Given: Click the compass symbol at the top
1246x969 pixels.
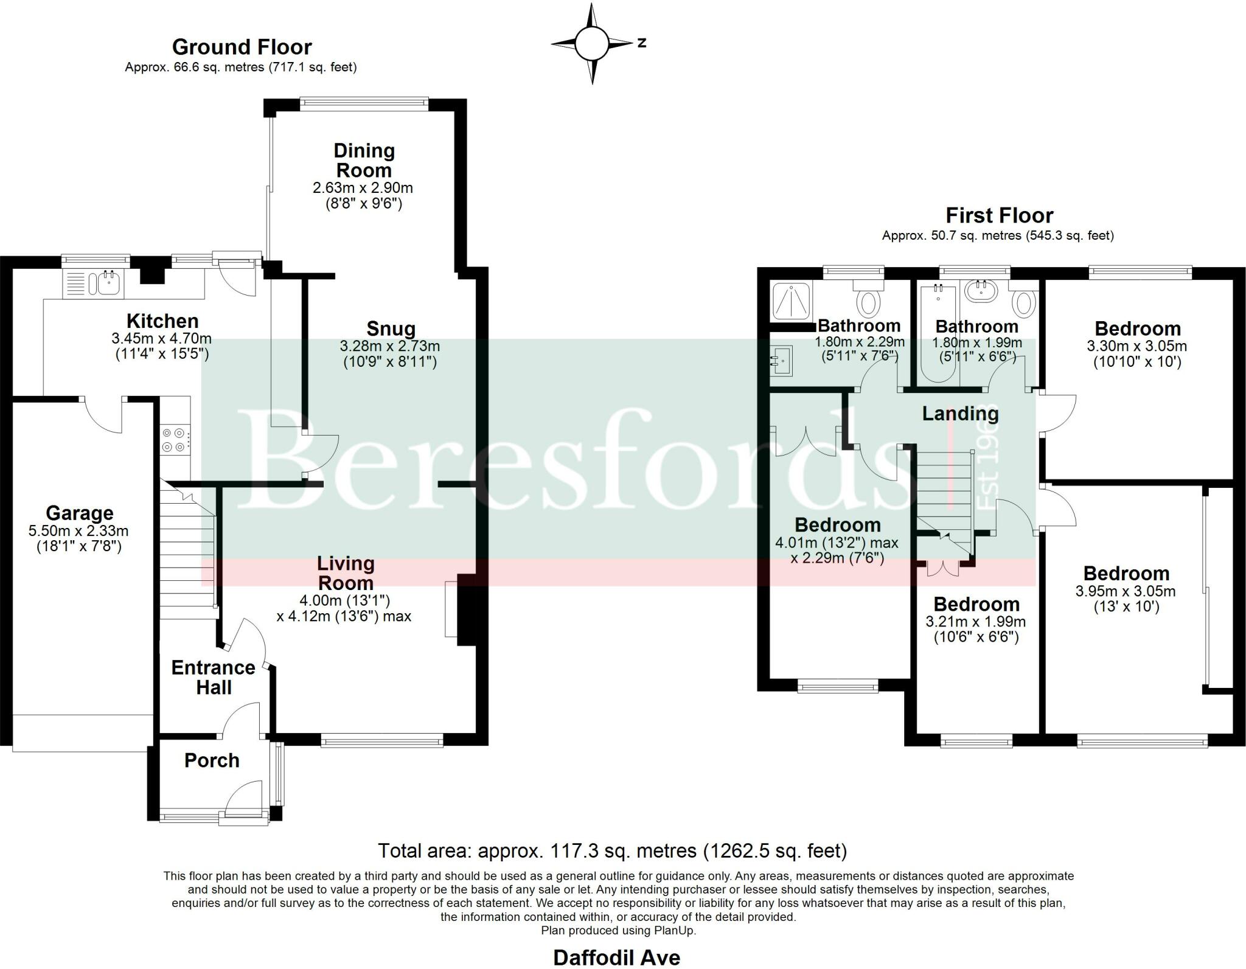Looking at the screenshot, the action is [591, 43].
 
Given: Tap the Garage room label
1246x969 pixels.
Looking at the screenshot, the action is [79, 513].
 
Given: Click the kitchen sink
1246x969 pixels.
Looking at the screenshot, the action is [103, 283].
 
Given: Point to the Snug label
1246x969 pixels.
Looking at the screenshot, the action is [391, 329].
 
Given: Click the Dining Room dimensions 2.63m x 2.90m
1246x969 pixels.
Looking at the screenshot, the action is [363, 187].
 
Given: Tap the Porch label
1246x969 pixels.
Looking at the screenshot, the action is [212, 760].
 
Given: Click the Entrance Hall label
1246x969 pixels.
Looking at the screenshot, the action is [213, 677].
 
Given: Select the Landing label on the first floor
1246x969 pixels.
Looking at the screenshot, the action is [960, 414].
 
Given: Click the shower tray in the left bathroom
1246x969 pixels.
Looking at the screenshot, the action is [790, 301].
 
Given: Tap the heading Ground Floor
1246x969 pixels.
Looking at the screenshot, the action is [242, 47].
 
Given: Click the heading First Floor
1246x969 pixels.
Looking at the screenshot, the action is [999, 215].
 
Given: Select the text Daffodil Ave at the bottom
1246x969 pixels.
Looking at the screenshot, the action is [616, 957].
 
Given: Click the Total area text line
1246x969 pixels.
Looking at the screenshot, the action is [612, 850].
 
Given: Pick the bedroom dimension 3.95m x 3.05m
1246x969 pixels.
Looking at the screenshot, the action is [1126, 591].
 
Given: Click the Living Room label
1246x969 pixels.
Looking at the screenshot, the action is [345, 573].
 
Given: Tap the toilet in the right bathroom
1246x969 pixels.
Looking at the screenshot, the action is [1025, 302].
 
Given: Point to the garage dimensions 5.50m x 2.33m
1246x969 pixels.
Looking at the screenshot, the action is [78, 531].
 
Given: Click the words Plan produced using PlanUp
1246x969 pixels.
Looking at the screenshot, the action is [618, 931].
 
